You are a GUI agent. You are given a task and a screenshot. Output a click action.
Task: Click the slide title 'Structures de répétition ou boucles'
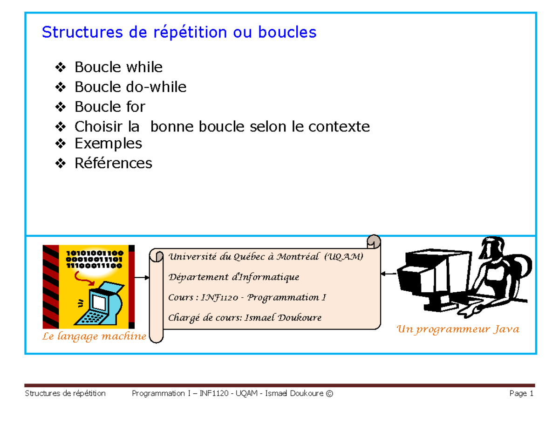click(179, 33)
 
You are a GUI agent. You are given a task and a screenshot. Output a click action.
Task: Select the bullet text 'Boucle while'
click(118, 68)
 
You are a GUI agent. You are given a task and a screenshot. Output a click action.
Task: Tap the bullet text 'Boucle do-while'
click(130, 87)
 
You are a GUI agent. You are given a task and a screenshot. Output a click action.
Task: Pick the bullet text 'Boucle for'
click(110, 107)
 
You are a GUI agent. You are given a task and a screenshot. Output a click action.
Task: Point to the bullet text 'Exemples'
click(108, 143)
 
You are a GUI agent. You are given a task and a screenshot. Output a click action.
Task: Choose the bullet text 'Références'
click(113, 163)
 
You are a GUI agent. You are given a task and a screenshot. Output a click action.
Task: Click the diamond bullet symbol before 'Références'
click(60, 163)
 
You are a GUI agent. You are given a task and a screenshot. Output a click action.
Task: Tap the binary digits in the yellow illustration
click(94, 260)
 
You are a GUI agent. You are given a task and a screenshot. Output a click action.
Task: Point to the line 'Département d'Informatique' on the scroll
click(233, 277)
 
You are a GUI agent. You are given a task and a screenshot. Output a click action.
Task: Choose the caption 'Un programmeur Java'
click(457, 330)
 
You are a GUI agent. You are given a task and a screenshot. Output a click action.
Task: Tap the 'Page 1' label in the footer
click(521, 394)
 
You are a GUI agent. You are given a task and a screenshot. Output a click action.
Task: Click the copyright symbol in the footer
click(330, 394)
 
